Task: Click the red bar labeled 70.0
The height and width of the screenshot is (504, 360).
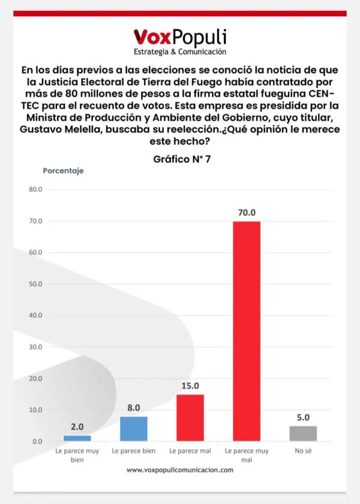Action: (x=247, y=331)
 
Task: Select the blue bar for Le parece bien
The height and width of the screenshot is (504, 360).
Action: (x=134, y=428)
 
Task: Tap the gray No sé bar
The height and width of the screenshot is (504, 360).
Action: (x=303, y=433)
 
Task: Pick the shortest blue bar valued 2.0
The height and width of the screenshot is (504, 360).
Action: (x=77, y=438)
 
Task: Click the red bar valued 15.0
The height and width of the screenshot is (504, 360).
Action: (x=190, y=418)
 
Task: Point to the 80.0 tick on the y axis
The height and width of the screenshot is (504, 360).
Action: (x=35, y=190)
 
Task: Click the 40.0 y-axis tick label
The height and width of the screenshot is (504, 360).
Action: (x=35, y=316)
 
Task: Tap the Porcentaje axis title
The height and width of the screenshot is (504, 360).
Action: (x=63, y=170)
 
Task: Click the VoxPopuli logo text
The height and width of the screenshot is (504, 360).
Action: (x=180, y=38)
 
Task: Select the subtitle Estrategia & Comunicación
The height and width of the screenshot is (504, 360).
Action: (x=180, y=52)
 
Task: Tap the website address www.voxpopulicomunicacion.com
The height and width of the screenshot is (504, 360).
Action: (x=180, y=470)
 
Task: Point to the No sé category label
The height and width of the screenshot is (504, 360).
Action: (x=303, y=450)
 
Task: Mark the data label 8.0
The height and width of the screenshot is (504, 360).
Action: (x=134, y=408)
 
